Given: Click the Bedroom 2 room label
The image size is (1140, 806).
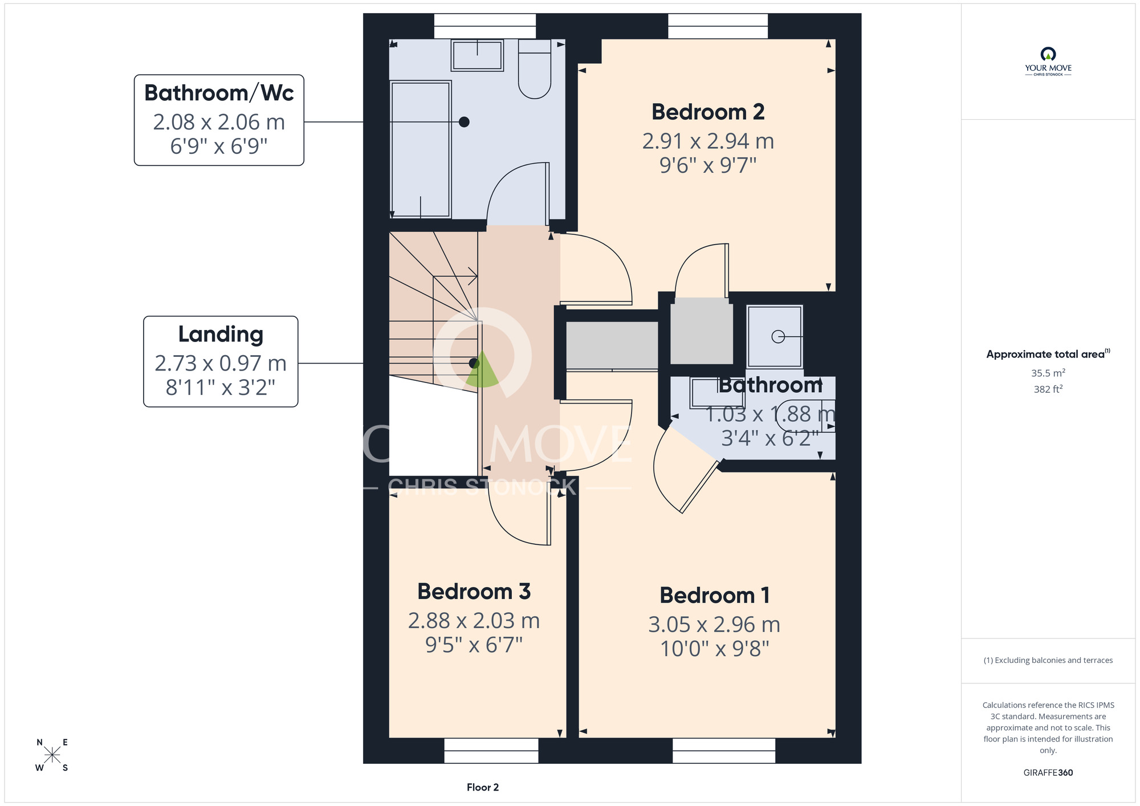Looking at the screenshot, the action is (x=708, y=112).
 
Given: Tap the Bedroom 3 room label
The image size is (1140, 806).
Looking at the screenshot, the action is (x=474, y=592).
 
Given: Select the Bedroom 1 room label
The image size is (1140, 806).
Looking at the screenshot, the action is (x=715, y=596).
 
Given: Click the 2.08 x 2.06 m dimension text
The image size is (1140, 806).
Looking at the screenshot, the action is (x=219, y=122).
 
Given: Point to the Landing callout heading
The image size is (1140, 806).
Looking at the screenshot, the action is (x=221, y=335).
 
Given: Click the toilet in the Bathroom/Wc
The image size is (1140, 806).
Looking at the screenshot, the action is (x=535, y=68).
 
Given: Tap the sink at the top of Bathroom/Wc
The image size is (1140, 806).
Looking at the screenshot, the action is (x=477, y=55).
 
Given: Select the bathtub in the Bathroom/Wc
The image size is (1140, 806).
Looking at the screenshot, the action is (x=421, y=149).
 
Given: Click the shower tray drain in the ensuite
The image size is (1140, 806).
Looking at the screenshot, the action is (x=778, y=337).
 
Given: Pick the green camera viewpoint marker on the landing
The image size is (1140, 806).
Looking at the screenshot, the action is (x=482, y=371).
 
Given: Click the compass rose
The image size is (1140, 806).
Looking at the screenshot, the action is (x=52, y=755).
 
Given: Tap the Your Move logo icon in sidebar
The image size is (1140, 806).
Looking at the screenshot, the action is (x=1048, y=54).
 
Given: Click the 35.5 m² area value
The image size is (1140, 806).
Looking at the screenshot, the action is (x=1048, y=373).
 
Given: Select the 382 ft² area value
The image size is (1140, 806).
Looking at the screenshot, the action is (x=1048, y=389).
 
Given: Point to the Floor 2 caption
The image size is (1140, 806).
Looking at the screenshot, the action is (x=483, y=787).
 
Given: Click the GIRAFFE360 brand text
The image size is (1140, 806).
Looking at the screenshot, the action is (x=1048, y=773).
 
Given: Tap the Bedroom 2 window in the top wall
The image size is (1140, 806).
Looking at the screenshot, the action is (x=718, y=26).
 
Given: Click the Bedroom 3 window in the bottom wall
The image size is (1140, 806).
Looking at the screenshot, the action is (x=491, y=751).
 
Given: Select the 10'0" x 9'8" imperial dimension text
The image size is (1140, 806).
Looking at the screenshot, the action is (x=715, y=649).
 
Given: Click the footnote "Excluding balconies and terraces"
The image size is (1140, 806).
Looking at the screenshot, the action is (x=1048, y=660).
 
